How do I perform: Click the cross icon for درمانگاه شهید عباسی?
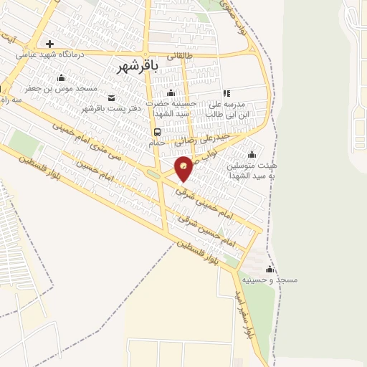point(49,44)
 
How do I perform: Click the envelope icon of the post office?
point(110,97)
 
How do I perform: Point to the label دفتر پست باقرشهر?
point(108,108)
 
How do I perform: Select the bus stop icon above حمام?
point(157,132)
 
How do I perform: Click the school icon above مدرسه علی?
point(227,92)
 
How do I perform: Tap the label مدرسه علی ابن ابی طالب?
point(227,108)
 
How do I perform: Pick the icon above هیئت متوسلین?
point(251,154)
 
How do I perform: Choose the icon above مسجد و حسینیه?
point(270,269)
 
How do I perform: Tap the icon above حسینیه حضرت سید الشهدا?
point(171,92)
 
